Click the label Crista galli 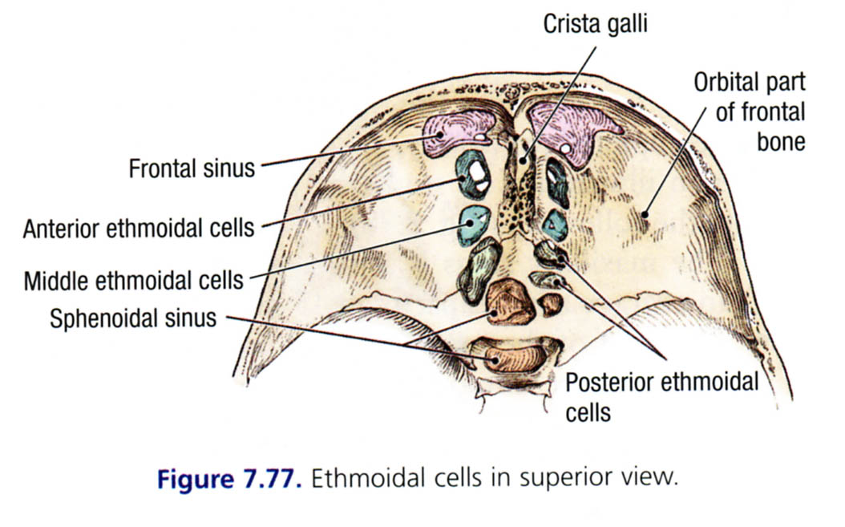point(595,25)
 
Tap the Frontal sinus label point(192,168)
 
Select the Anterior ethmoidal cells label point(139,228)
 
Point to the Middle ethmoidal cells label point(133,281)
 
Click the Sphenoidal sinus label point(133,318)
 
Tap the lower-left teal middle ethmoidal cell point(473,225)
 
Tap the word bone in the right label point(780,141)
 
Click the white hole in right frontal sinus point(567,148)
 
